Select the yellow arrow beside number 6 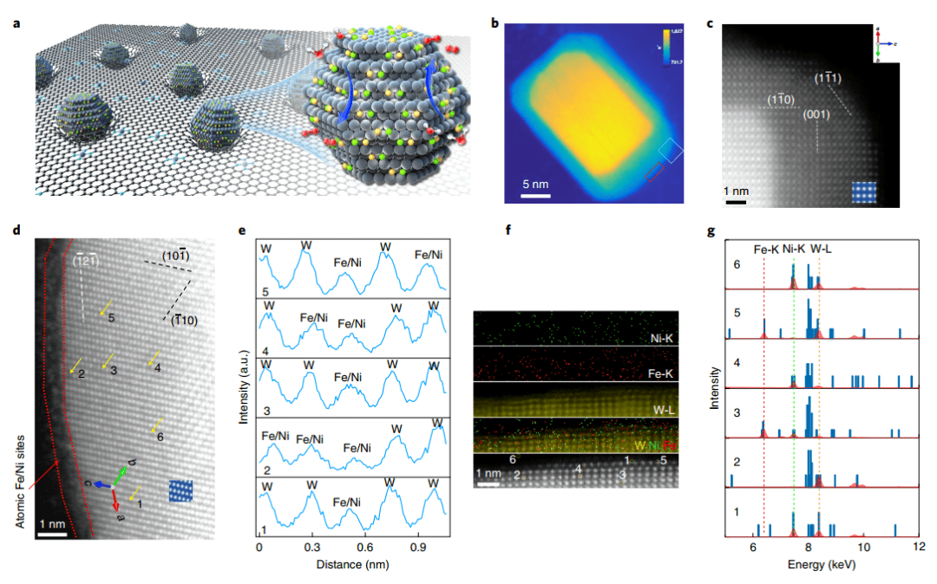(157, 425)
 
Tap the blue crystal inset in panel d (182, 490)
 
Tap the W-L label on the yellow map (666, 407)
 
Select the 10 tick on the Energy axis (863, 548)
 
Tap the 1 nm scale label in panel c (735, 191)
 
